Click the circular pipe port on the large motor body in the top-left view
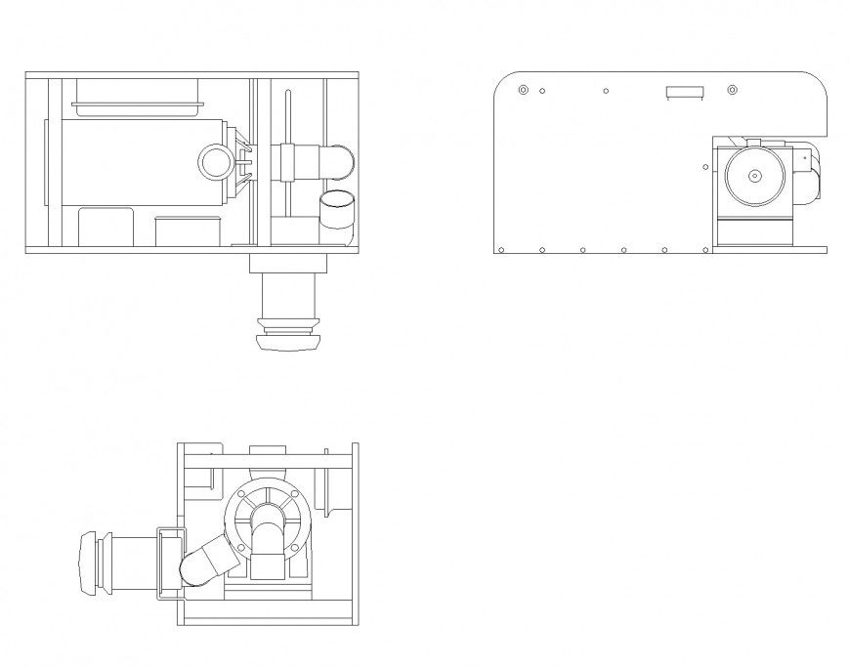213,162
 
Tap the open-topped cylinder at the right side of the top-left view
338,211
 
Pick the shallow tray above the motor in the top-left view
136,93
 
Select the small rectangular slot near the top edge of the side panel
684,93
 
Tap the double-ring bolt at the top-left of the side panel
523,91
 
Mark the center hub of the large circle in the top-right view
755,177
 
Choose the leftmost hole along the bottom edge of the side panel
501,250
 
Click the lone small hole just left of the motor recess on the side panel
703,167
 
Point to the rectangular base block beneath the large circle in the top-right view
755,231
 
